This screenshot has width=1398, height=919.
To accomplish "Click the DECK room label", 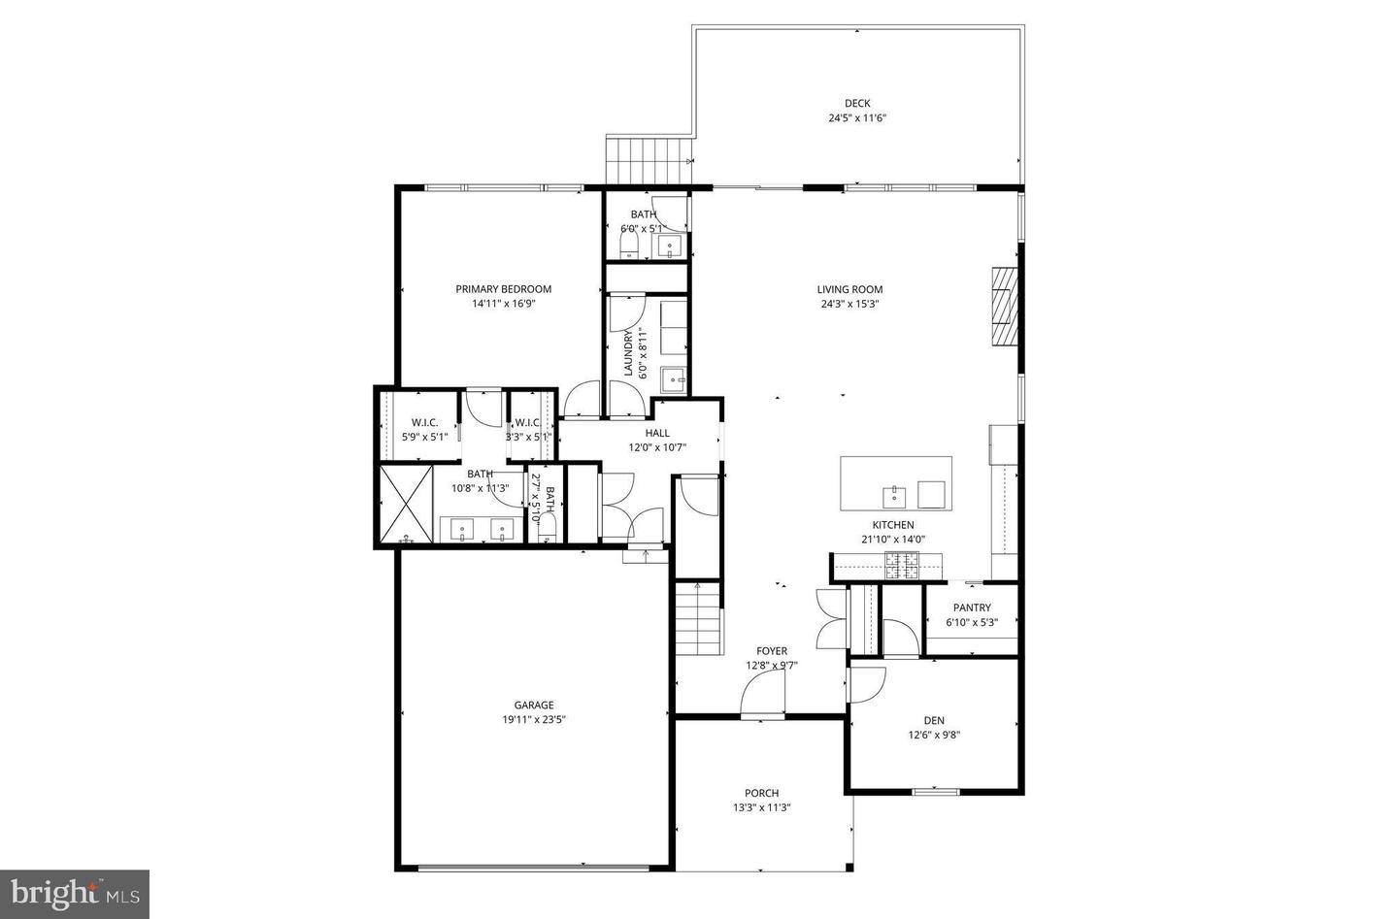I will tap(856, 103).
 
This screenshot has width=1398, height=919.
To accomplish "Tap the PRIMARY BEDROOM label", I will tap(503, 288).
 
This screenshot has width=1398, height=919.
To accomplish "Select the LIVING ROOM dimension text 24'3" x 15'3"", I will tap(849, 304).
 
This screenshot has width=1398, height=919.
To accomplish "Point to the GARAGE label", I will tap(534, 705).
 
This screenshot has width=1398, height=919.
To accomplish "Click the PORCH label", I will tap(761, 793).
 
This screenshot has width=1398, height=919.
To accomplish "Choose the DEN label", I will tap(933, 720).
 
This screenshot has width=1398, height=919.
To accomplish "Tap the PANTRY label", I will tap(971, 608).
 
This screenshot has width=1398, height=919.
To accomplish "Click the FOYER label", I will tap(772, 651).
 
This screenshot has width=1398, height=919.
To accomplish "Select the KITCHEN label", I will tap(892, 525).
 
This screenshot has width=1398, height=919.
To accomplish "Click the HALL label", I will tap(657, 433).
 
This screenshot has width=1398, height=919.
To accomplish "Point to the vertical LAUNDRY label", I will tap(629, 353).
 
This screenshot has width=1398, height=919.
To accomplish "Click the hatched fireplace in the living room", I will tap(1005, 306).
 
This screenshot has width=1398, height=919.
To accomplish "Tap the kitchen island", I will tap(895, 483).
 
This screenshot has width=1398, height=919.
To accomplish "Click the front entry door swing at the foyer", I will tap(763, 695).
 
